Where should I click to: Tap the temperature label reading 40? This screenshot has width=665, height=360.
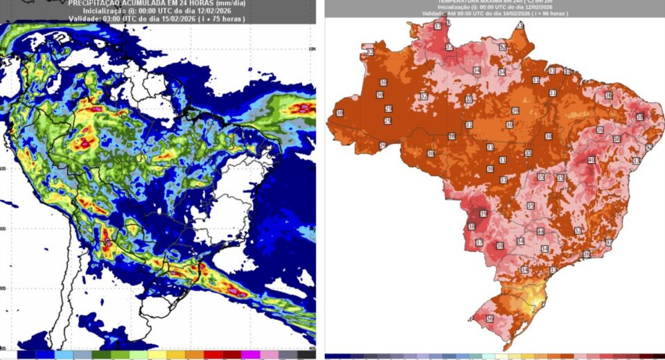pos(591,161)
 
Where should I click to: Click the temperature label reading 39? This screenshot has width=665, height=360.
pos(483,214)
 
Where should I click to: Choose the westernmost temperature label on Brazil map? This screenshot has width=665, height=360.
pos(339,113)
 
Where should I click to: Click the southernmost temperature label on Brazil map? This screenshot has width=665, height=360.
pos(490,319)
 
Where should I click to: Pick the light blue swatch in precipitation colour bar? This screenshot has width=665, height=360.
pos(64,354)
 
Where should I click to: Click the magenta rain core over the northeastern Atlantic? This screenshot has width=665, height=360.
pos(303,108)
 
